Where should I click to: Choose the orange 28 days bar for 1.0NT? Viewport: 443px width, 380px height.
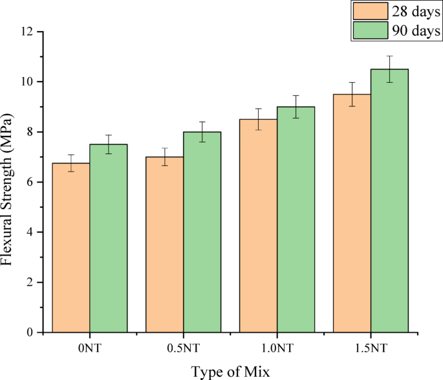click(x=259, y=226)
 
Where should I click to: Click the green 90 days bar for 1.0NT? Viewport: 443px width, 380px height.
click(x=296, y=219)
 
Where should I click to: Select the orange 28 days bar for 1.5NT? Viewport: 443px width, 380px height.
click(x=352, y=214)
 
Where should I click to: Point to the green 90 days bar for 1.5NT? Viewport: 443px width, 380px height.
click(x=389, y=201)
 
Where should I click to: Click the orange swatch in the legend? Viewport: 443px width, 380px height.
click(x=369, y=11)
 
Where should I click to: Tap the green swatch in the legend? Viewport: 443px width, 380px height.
click(x=369, y=30)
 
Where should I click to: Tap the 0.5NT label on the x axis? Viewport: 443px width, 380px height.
click(x=184, y=349)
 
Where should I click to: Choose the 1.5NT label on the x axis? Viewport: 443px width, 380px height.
click(x=371, y=349)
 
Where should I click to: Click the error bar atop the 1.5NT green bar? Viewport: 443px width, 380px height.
click(x=389, y=69)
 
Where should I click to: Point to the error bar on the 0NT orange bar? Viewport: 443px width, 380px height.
click(x=71, y=163)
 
